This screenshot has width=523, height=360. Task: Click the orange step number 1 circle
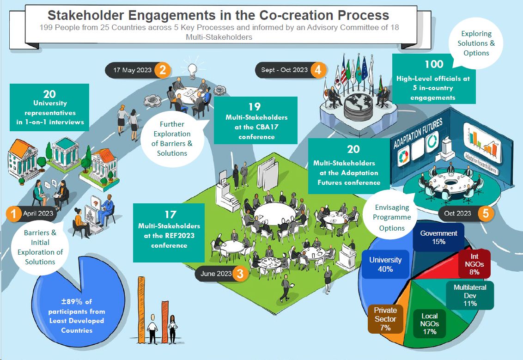tap(14, 214)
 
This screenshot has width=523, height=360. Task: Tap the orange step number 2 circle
tap(162, 70)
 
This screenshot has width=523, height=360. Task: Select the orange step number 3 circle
tap(240, 274)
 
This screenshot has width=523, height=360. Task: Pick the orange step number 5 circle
tap(486, 214)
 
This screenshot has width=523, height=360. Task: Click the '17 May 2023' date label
tap(132, 70)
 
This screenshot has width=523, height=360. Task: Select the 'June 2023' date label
tap(215, 274)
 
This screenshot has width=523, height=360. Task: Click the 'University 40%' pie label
tap(385, 264)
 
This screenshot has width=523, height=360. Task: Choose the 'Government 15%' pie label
tap(438, 237)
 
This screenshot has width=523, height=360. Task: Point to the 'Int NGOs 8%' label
tap(474, 263)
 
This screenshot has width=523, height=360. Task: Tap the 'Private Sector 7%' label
tap(385, 319)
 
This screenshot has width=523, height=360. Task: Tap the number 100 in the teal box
tap(433, 64)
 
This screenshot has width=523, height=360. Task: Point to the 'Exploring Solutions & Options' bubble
tap(476, 43)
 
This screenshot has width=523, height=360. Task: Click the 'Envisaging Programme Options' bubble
tap(392, 217)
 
